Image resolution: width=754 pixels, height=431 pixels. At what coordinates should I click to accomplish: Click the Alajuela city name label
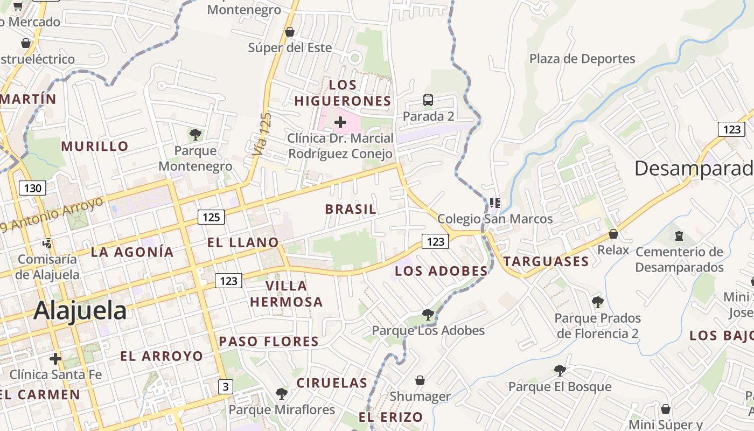point(80,311)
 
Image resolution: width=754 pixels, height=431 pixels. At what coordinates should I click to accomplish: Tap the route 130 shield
point(32,188)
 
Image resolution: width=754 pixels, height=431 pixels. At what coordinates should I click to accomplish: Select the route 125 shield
point(211,217)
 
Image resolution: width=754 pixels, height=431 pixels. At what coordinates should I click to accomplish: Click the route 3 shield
point(226,386)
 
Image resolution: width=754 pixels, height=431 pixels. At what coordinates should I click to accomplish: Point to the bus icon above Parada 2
point(428,100)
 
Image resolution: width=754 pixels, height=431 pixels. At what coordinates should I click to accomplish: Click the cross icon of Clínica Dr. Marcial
point(340,122)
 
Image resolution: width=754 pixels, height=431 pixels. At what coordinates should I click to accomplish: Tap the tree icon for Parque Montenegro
point(196,134)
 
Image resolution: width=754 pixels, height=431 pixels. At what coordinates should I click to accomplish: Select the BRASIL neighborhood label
point(351,210)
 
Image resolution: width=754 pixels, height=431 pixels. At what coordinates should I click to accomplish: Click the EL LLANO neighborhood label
point(243,243)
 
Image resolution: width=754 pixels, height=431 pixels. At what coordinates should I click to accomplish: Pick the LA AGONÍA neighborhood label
point(132,252)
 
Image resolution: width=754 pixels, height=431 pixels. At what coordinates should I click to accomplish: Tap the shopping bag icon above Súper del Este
point(290,32)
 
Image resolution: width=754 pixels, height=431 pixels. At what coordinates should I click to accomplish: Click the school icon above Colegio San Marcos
point(495,203)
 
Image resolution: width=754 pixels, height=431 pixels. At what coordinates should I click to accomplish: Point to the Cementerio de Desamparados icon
point(679,235)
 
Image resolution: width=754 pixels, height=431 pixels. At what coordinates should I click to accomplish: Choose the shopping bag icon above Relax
point(613,234)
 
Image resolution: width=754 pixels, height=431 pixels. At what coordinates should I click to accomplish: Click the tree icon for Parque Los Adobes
point(428,314)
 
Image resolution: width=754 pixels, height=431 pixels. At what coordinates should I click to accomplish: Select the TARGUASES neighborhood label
point(546,262)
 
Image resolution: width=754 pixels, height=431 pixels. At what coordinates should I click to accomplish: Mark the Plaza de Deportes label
point(582,59)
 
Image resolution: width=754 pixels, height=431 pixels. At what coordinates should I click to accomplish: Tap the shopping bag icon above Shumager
point(420,380)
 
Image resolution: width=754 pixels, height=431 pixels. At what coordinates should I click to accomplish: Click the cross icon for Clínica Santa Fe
point(55,358)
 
